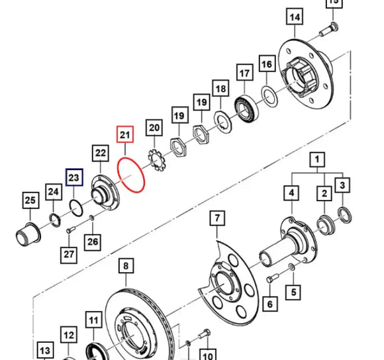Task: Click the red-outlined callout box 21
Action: point(125,136)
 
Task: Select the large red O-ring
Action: point(130,175)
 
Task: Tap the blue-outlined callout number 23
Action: point(73,178)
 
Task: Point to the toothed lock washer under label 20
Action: point(157,157)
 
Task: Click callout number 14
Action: point(295,17)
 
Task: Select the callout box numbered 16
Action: point(266,64)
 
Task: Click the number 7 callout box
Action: point(216,218)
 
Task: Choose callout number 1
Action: point(318,159)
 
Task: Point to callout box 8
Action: point(125,267)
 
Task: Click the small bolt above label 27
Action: point(70,229)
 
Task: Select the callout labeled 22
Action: point(100,154)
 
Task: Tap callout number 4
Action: point(291,193)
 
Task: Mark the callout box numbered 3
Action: point(342,185)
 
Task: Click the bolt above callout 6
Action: point(269,280)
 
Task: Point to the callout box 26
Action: point(93,242)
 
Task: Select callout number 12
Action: point(70,336)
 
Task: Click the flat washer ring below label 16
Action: point(269,95)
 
